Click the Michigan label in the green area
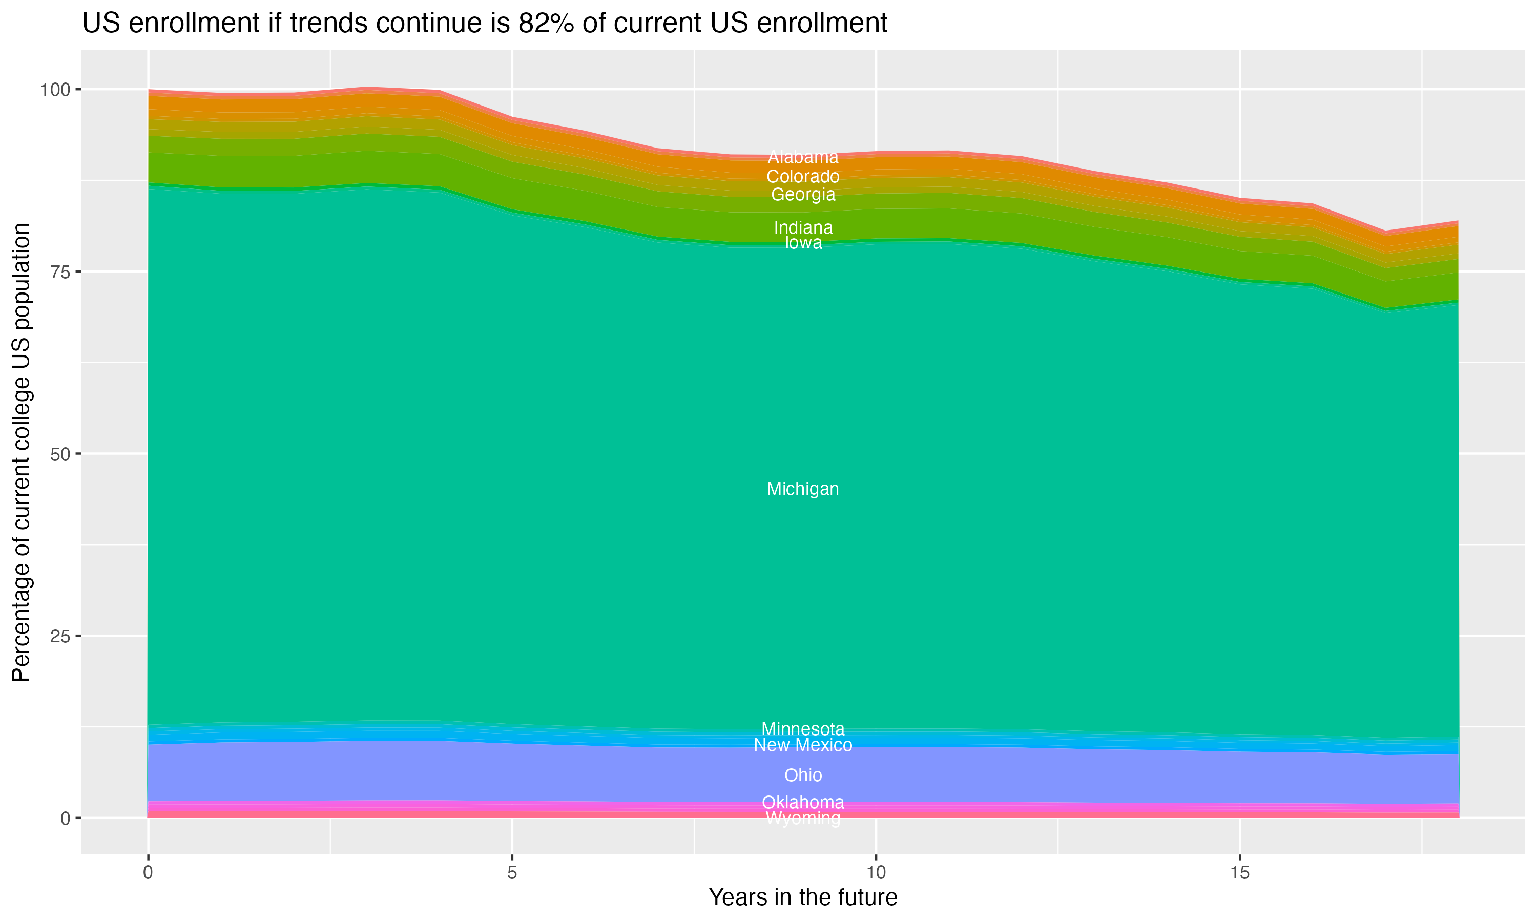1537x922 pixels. pyautogui.click(x=803, y=489)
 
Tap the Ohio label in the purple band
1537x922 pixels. pyautogui.click(x=803, y=776)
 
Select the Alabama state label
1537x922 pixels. pyautogui.click(x=803, y=157)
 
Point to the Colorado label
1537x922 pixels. pyautogui.click(x=803, y=176)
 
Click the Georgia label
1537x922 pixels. pyautogui.click(x=803, y=195)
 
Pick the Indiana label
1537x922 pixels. pyautogui.click(x=803, y=227)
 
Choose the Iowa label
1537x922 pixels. pyautogui.click(x=803, y=243)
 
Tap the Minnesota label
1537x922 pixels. pyautogui.click(x=803, y=729)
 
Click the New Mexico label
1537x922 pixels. pyautogui.click(x=803, y=745)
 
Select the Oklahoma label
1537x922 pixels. pyautogui.click(x=803, y=802)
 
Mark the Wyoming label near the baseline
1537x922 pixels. pyautogui.click(x=803, y=819)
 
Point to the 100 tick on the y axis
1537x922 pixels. pyautogui.click(x=55, y=90)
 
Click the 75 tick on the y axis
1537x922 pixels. pyautogui.click(x=61, y=271)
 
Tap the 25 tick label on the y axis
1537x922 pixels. pyautogui.click(x=61, y=636)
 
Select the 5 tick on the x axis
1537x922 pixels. pyautogui.click(x=512, y=873)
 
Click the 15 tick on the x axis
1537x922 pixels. pyautogui.click(x=1240, y=873)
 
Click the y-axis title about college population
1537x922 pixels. pyautogui.click(x=22, y=452)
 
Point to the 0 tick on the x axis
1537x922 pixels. pyautogui.click(x=148, y=873)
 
